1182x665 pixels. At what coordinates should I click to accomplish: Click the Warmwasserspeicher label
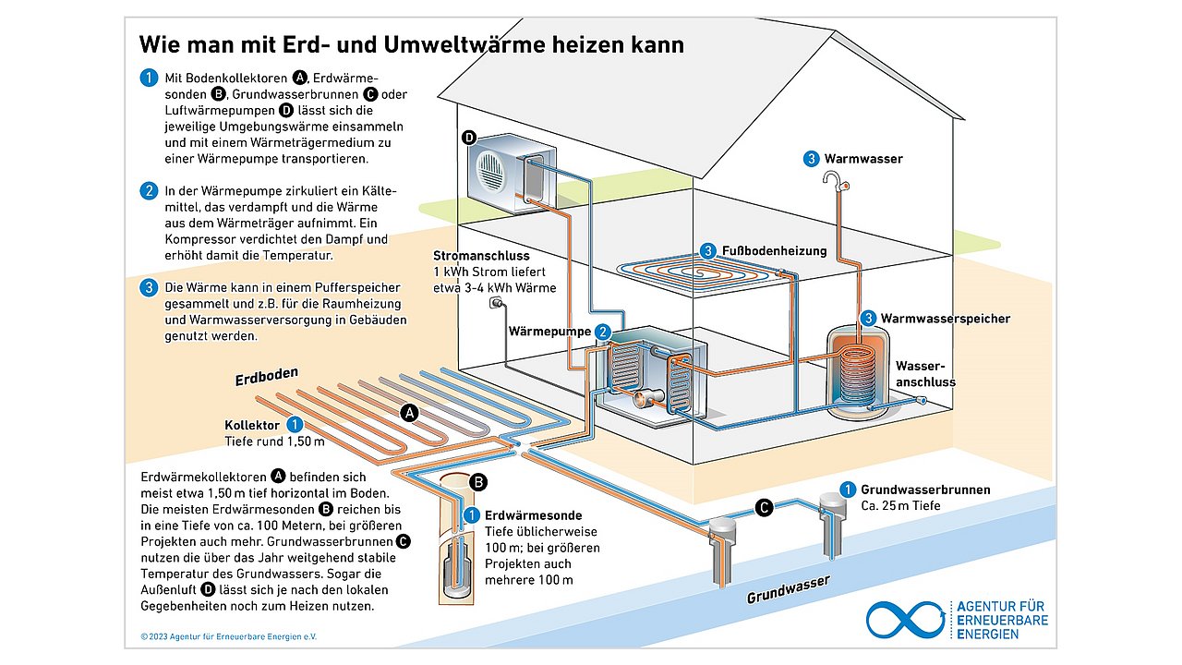pyautogui.click(x=945, y=319)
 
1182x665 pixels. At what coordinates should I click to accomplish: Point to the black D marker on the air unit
pyautogui.click(x=469, y=139)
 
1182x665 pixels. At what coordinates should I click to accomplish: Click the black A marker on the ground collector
pyautogui.click(x=409, y=413)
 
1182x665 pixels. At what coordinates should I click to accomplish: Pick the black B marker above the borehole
pyautogui.click(x=478, y=481)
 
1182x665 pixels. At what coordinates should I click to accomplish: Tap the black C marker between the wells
pyautogui.click(x=764, y=507)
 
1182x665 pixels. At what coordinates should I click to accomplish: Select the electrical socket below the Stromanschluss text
pyautogui.click(x=496, y=303)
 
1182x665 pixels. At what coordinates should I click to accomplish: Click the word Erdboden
pyautogui.click(x=268, y=379)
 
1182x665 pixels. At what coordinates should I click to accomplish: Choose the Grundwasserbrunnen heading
pyautogui.click(x=925, y=490)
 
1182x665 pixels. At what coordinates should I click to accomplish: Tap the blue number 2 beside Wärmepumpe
pyautogui.click(x=602, y=332)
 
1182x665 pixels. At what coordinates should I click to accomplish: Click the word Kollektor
pyautogui.click(x=252, y=426)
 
